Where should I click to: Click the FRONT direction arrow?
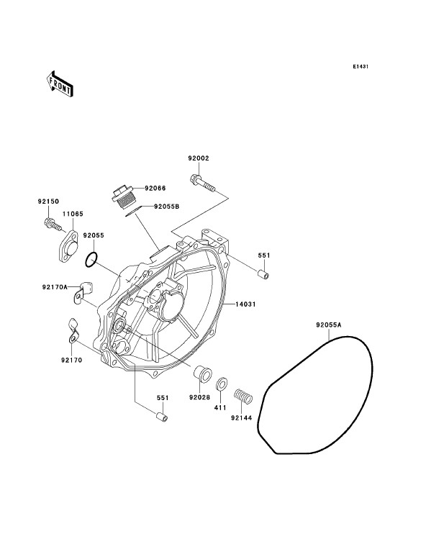(x=59, y=83)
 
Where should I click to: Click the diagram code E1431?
(x=361, y=66)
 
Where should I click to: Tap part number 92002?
(x=199, y=158)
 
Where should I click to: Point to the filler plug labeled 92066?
(x=122, y=198)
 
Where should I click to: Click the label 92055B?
(x=167, y=206)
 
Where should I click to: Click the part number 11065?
(x=73, y=214)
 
